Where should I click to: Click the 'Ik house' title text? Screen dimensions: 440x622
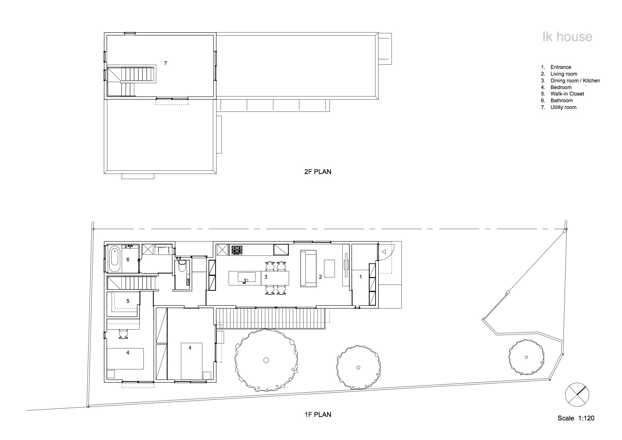click(567, 37)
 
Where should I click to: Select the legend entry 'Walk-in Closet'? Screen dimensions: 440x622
click(567, 94)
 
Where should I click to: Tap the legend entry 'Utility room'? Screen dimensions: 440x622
click(563, 107)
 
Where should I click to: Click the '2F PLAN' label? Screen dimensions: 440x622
click(317, 172)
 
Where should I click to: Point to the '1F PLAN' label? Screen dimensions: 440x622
click(317, 414)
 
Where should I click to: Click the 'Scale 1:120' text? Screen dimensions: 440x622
click(576, 418)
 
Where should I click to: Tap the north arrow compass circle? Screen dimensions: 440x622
click(577, 395)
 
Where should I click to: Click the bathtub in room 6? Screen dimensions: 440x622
click(115, 260)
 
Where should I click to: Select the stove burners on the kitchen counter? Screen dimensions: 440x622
click(237, 250)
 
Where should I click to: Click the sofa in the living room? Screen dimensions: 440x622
click(308, 268)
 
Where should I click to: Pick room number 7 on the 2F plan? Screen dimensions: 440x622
click(165, 63)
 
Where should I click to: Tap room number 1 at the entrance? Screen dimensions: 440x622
click(361, 277)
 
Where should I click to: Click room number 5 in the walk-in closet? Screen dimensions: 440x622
click(128, 301)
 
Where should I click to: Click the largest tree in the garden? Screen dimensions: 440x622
click(266, 360)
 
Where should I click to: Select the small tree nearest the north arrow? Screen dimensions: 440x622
click(526, 357)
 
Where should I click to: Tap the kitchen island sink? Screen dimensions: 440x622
click(246, 277)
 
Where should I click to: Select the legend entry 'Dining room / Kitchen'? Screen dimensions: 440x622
click(575, 81)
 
